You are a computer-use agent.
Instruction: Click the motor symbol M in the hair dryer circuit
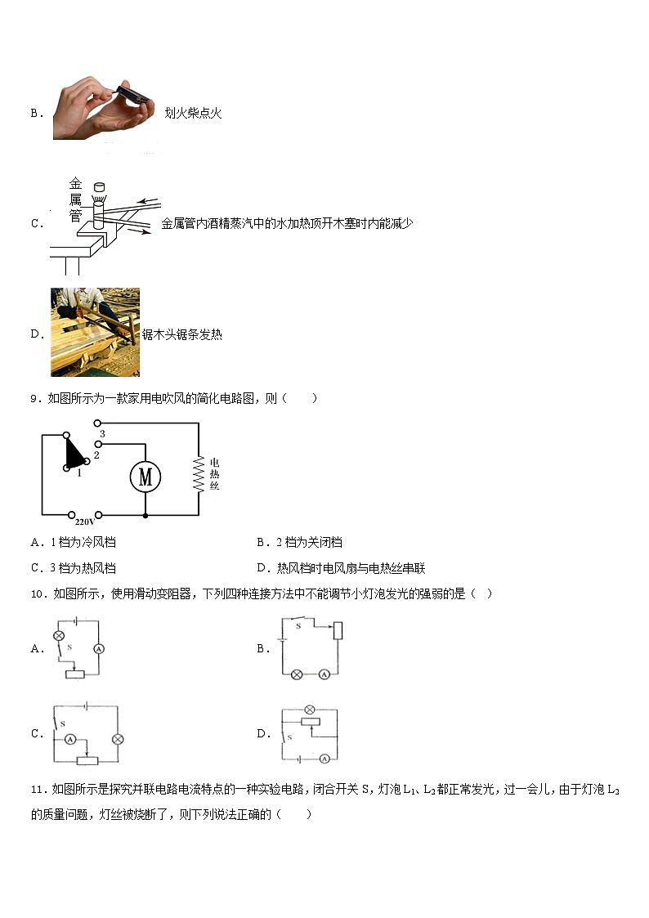click(x=145, y=477)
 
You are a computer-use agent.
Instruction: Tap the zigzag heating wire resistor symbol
click(x=198, y=473)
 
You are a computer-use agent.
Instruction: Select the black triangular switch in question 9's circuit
click(x=74, y=453)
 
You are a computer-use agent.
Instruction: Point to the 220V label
click(x=85, y=521)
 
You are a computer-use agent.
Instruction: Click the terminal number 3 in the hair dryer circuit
click(x=102, y=433)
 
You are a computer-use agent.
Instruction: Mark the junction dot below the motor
click(x=145, y=516)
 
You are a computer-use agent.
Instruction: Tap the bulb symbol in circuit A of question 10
click(x=59, y=635)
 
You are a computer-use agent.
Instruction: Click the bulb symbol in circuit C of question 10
click(x=118, y=739)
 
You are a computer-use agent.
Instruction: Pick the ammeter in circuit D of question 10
click(x=324, y=759)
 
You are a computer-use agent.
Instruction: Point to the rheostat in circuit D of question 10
click(x=309, y=722)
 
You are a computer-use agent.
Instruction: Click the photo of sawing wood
click(x=95, y=332)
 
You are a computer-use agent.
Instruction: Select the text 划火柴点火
click(x=193, y=114)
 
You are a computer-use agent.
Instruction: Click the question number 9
click(x=34, y=398)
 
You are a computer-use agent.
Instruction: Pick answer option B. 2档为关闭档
click(x=299, y=542)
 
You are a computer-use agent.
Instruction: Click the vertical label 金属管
click(x=75, y=199)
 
